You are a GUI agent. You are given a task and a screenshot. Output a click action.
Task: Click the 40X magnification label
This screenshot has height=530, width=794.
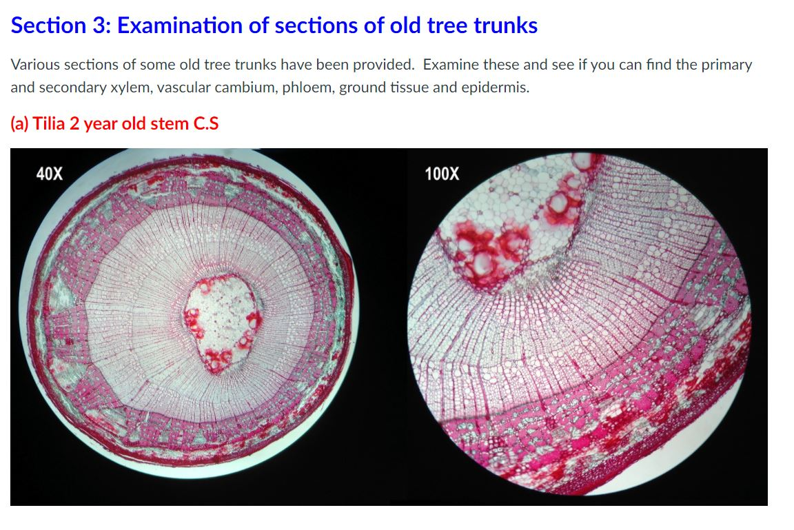(x=49, y=173)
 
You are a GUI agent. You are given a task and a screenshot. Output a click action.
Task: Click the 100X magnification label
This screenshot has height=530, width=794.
(x=442, y=173)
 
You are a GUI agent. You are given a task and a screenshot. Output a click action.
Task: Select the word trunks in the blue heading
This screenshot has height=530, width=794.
(x=506, y=26)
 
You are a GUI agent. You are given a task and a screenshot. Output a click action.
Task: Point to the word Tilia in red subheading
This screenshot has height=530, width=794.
(x=49, y=124)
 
